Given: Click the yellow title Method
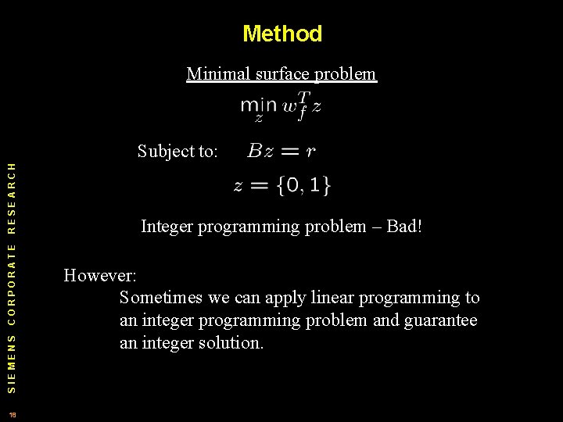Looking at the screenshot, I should coord(281,34).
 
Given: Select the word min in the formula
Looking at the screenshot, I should coord(258,105).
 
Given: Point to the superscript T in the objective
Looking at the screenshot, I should coord(304,97).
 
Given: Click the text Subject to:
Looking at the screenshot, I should coord(178,151).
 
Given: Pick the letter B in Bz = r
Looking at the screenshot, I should coord(256,151).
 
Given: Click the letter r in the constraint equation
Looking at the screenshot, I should coord(310,152).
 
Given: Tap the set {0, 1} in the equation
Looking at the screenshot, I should coord(303,186).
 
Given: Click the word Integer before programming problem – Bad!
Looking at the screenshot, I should coord(167,227).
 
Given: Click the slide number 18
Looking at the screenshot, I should coord(12,413).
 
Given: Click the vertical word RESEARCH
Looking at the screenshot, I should coord(11,200).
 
